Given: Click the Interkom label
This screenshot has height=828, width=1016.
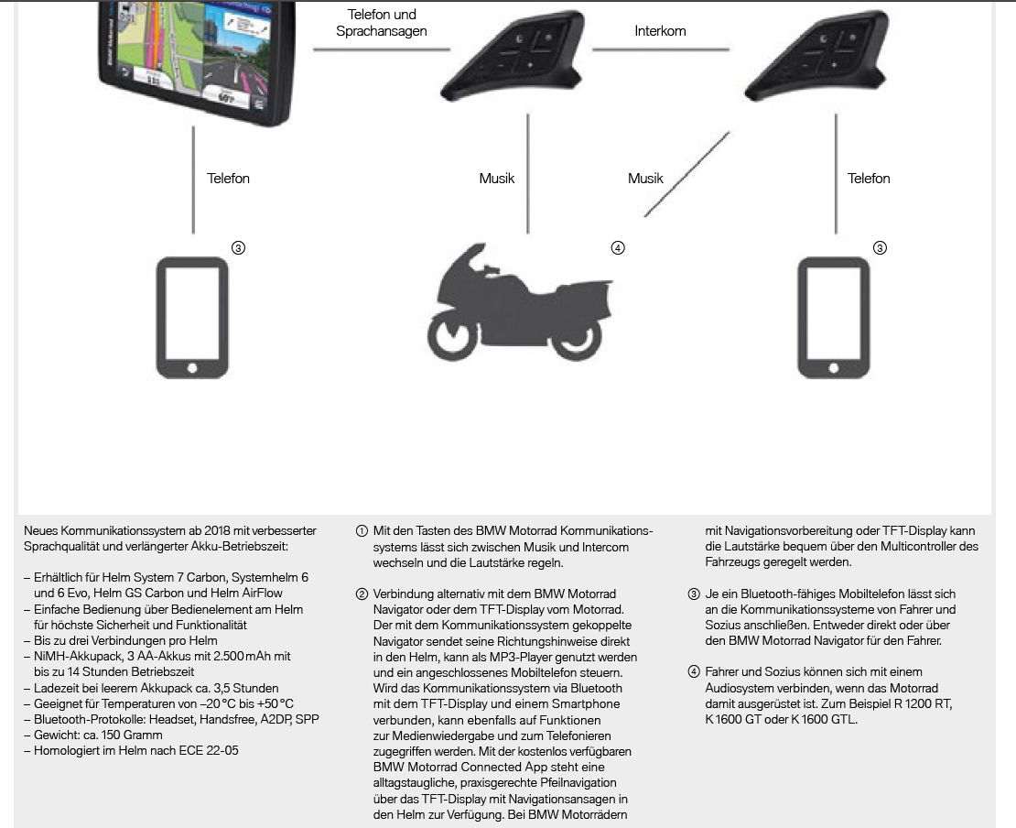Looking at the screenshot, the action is click(660, 30).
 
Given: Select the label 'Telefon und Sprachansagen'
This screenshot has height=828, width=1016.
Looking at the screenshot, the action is click(382, 23).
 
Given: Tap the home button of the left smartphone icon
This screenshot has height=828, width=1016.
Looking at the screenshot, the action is click(192, 368).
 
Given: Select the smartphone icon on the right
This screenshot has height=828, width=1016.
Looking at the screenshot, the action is click(833, 318).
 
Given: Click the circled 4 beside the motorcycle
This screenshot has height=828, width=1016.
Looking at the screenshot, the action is click(618, 247).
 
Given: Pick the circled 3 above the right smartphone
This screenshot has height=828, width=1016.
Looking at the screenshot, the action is click(880, 247).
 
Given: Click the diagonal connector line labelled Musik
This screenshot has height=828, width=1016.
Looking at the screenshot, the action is click(686, 174).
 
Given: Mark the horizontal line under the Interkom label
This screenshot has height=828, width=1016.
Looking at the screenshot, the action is click(660, 49).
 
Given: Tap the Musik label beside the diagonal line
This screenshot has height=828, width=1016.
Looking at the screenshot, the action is click(645, 179).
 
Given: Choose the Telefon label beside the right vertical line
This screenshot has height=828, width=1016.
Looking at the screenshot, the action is click(869, 179).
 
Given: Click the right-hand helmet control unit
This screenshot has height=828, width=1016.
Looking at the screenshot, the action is click(816, 55).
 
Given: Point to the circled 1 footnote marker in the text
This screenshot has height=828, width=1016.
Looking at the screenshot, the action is click(362, 531).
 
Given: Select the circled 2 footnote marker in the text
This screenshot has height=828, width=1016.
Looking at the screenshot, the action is click(362, 594).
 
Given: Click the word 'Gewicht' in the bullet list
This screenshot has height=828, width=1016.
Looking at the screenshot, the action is click(57, 735).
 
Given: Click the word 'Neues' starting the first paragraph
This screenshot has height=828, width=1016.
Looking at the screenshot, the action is click(40, 531).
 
